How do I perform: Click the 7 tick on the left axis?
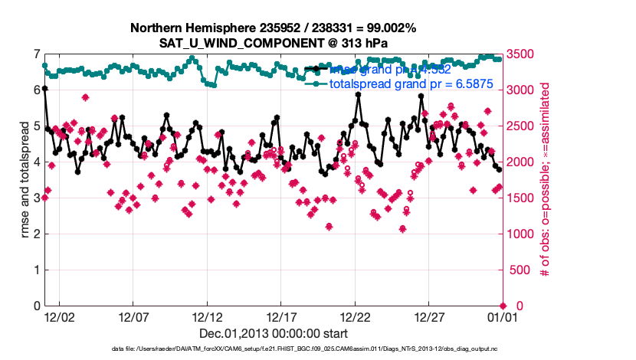[37, 54]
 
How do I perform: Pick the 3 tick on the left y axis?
[37, 198]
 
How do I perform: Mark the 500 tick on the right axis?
[516, 270]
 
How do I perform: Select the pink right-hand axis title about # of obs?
[546, 180]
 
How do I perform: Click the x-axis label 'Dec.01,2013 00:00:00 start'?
[274, 332]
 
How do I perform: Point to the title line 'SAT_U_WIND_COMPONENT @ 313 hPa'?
[273, 43]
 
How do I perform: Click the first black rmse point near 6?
[44, 89]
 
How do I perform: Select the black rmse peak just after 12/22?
[358, 95]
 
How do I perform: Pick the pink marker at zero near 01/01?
[503, 306]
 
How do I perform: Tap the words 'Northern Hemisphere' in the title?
[185, 28]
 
